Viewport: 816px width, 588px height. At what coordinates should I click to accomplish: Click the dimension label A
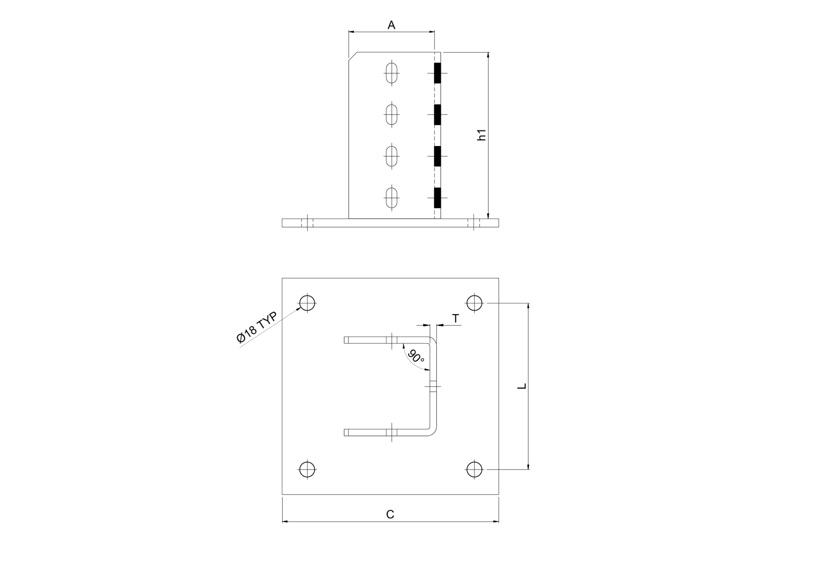(x=391, y=25)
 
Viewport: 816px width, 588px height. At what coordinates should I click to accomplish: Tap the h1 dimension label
(x=482, y=135)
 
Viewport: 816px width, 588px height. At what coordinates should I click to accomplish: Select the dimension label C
(x=390, y=514)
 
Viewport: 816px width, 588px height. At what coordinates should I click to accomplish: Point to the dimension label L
(x=522, y=386)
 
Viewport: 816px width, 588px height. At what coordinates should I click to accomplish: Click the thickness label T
(x=456, y=319)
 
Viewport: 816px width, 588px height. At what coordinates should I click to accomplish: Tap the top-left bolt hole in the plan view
(x=307, y=303)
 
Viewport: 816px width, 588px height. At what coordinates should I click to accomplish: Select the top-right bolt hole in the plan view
(x=474, y=303)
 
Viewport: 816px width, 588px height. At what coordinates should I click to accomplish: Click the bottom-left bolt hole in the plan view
(x=307, y=470)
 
